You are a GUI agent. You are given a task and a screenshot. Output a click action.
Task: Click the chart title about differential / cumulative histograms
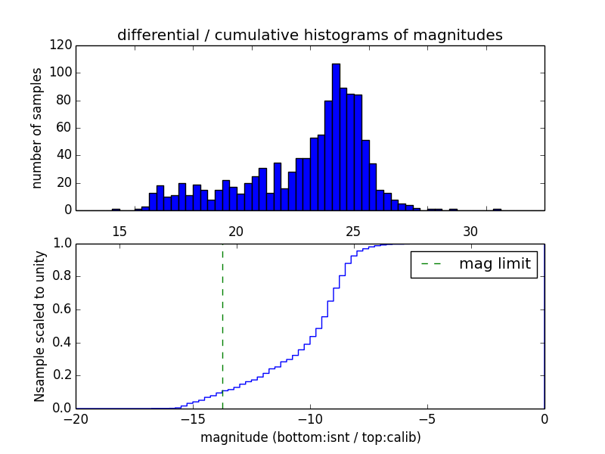point(309,35)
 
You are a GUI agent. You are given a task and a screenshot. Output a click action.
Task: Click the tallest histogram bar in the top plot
point(336,137)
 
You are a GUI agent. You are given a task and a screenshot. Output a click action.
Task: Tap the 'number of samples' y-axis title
point(37,128)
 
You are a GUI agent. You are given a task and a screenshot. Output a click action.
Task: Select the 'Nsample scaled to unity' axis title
point(39,326)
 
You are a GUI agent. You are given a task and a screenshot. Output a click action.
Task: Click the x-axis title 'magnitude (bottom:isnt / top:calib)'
point(310,437)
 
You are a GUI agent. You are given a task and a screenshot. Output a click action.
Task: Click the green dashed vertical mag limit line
point(222,325)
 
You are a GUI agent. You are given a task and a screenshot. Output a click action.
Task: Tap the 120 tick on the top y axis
point(63,45)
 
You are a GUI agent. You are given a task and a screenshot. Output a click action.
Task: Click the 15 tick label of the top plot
point(119,231)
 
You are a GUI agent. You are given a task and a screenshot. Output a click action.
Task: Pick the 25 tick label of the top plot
point(353,231)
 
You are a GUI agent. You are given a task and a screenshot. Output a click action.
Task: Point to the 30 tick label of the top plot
point(470,231)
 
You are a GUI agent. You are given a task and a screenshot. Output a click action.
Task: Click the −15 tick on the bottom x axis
point(193,418)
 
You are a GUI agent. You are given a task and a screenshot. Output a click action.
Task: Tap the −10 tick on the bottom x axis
point(310,418)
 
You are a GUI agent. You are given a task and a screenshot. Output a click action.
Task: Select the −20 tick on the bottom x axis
point(76,418)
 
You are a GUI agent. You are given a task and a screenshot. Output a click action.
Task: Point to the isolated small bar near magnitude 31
point(497,209)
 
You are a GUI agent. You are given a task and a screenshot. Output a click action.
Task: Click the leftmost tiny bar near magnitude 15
point(116,209)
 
